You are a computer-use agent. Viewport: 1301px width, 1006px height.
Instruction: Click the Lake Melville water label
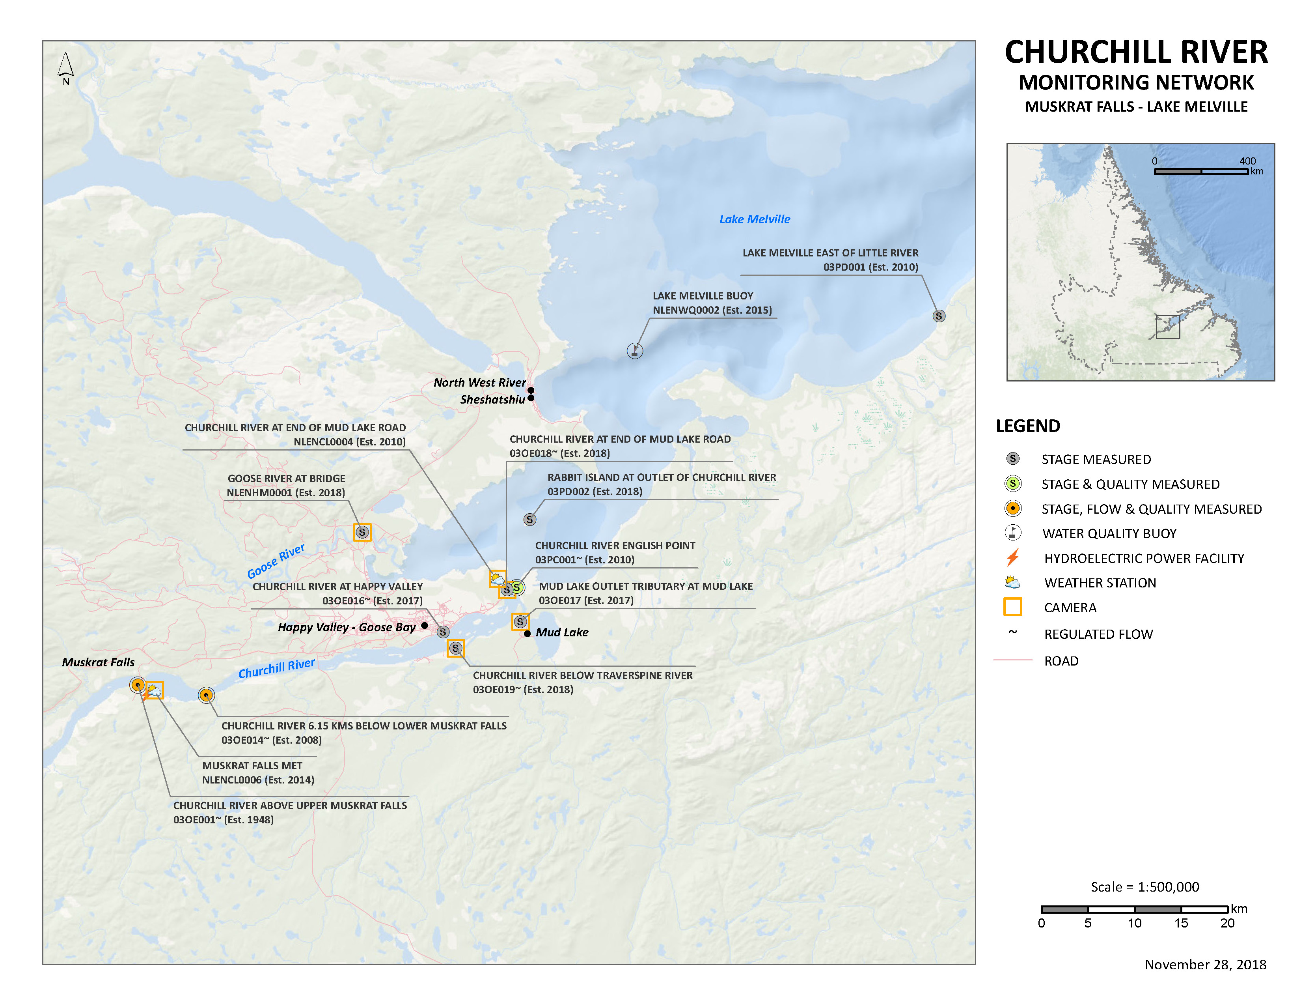(754, 219)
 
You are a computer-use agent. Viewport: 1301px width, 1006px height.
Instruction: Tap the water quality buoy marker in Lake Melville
(635, 350)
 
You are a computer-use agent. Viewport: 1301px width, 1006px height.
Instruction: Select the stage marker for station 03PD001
(938, 316)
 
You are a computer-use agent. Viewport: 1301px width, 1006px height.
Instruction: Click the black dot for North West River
(531, 390)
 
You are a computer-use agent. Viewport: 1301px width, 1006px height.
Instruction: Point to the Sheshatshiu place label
(492, 399)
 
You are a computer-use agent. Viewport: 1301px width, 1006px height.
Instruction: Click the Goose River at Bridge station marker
(362, 532)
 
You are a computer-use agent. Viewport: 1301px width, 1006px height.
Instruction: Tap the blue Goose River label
(276, 561)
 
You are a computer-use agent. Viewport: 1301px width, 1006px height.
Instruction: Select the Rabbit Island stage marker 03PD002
(529, 520)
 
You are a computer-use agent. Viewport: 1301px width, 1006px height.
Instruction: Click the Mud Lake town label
(562, 632)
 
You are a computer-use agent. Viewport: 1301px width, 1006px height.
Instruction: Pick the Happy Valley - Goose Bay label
(347, 627)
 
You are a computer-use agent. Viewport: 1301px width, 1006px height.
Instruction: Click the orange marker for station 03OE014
(206, 695)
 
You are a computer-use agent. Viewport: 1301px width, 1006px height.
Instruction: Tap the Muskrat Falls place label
(98, 662)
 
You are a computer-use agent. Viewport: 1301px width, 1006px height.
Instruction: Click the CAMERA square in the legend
(1013, 607)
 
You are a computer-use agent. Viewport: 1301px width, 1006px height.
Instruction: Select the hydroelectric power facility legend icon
(1013, 558)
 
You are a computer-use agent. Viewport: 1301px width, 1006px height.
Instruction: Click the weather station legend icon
(1013, 582)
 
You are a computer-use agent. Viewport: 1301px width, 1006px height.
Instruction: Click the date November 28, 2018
(1205, 964)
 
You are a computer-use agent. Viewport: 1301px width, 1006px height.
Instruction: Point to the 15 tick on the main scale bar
(1181, 923)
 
